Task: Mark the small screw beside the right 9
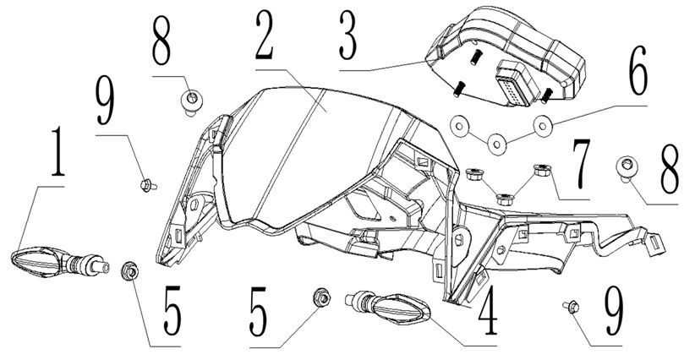pos(568,306)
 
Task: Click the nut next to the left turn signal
pos(131,270)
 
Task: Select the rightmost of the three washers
pos(539,128)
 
